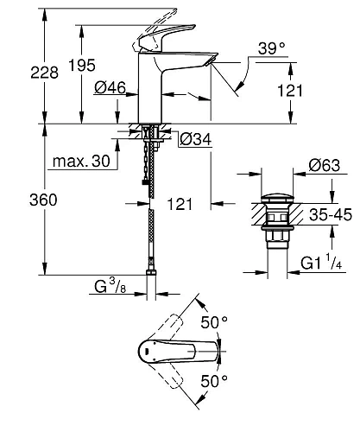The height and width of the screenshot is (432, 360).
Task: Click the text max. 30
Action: tap(79, 162)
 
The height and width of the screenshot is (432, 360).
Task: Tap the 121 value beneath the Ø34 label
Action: tap(180, 206)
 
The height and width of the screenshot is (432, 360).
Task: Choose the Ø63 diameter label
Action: tap(324, 166)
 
